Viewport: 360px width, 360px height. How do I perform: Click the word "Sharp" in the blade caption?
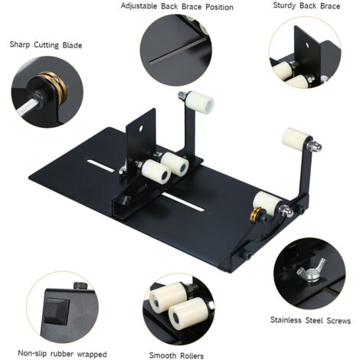click(x=19, y=44)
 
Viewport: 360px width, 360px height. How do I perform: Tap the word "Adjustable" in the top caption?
click(x=139, y=6)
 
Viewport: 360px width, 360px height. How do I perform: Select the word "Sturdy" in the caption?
click(x=285, y=5)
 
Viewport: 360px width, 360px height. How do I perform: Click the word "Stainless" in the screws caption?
click(x=286, y=320)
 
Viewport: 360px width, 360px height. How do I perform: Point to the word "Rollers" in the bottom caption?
click(x=191, y=355)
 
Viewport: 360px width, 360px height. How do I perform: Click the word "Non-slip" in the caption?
click(x=33, y=354)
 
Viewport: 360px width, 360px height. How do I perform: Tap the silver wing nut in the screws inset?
click(x=311, y=270)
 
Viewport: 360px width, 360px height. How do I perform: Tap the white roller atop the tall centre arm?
click(x=200, y=102)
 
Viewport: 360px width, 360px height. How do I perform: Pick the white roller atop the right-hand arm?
click(x=296, y=139)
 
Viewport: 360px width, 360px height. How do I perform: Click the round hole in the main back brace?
click(x=140, y=128)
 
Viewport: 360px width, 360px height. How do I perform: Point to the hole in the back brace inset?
click(x=307, y=45)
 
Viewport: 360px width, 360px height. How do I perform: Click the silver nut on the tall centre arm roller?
click(x=182, y=95)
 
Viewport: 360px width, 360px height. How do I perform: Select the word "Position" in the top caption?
click(x=220, y=7)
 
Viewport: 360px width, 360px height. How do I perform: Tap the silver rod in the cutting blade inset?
click(x=28, y=106)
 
